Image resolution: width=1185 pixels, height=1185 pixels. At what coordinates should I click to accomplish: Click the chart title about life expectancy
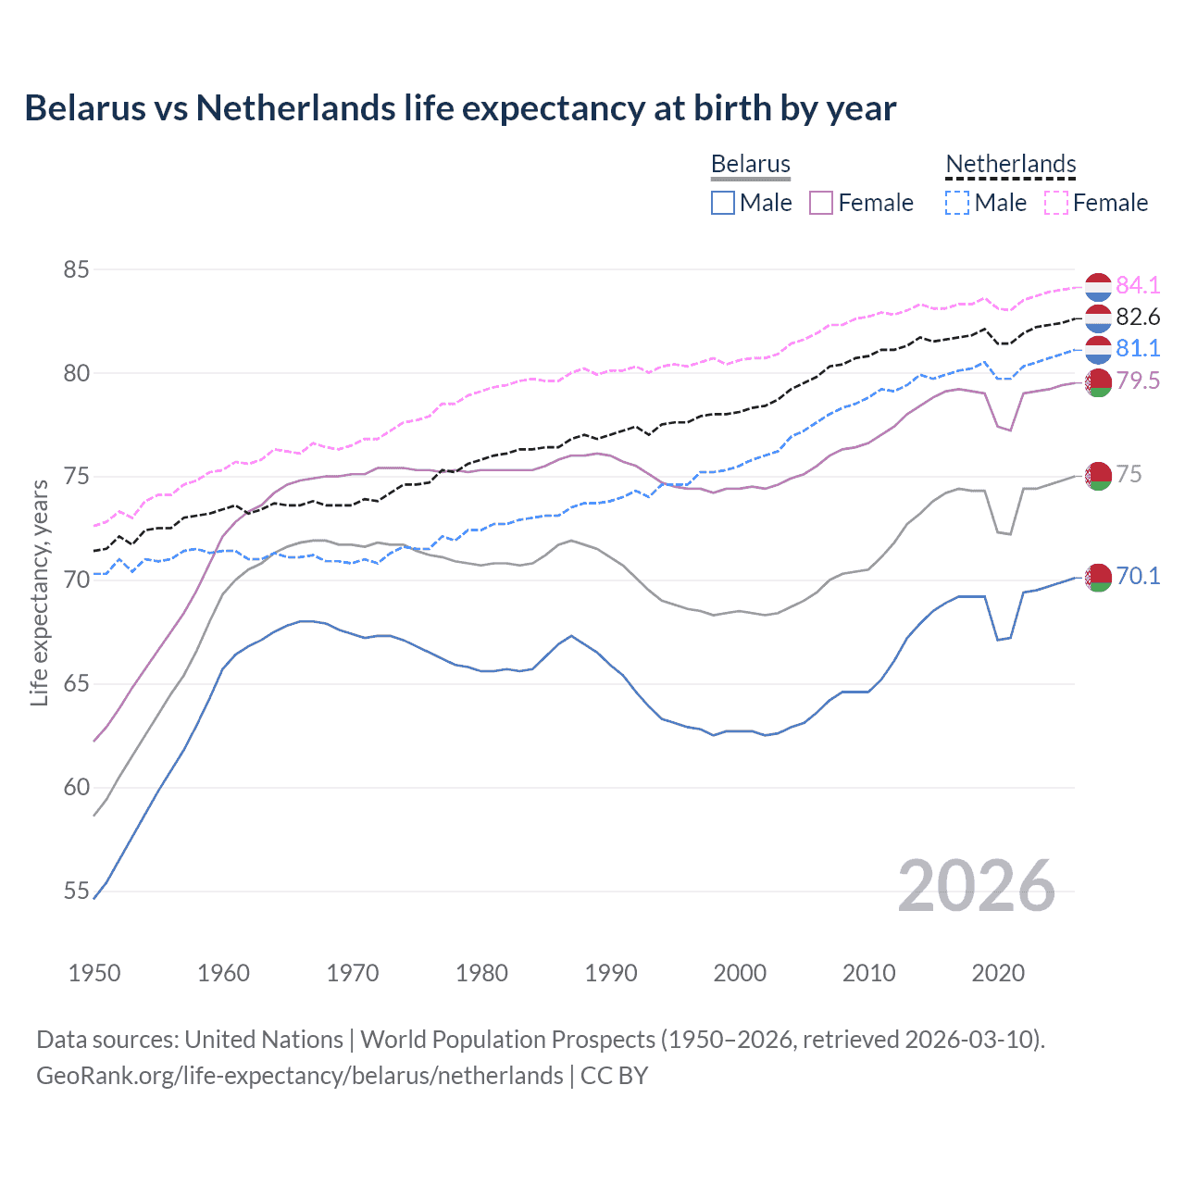point(460,108)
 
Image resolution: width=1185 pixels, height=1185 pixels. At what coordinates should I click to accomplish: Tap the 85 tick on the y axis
point(76,269)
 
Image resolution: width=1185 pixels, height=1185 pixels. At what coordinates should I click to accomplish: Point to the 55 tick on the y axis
point(76,892)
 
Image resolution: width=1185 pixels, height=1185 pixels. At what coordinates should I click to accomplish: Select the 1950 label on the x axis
point(94,973)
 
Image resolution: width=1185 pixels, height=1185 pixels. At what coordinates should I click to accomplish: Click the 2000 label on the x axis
point(740,973)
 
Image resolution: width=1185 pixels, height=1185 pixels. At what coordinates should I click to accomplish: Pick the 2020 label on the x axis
point(998,973)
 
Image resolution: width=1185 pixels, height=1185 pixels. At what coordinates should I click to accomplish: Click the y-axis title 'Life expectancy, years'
point(39,592)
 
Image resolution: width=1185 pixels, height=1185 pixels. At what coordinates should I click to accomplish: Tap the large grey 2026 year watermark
point(976,887)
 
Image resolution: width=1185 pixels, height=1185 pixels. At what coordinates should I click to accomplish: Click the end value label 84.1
point(1138,285)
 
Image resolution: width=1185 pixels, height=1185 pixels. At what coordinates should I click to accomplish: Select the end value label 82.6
point(1138,317)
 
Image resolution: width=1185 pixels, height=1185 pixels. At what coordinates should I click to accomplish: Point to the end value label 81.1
point(1138,348)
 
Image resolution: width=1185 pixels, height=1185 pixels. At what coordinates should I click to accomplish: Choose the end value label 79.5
point(1138,380)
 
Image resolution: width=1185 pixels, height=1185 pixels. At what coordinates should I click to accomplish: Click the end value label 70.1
point(1138,576)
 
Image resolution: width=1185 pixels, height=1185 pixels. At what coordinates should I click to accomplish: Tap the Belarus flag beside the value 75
point(1098,475)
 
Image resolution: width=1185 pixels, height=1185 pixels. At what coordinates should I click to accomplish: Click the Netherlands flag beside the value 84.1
point(1098,287)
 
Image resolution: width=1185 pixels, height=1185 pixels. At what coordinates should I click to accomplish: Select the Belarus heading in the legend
point(750,164)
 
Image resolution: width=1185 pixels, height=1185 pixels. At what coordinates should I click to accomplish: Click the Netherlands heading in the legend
point(1010,164)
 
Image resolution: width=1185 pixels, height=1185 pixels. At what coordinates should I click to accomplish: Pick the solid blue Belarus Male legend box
point(723,203)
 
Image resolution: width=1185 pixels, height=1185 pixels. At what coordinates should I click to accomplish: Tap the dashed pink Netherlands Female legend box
point(1056,203)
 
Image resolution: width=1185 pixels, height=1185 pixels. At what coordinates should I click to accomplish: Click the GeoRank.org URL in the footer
point(299,1076)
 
